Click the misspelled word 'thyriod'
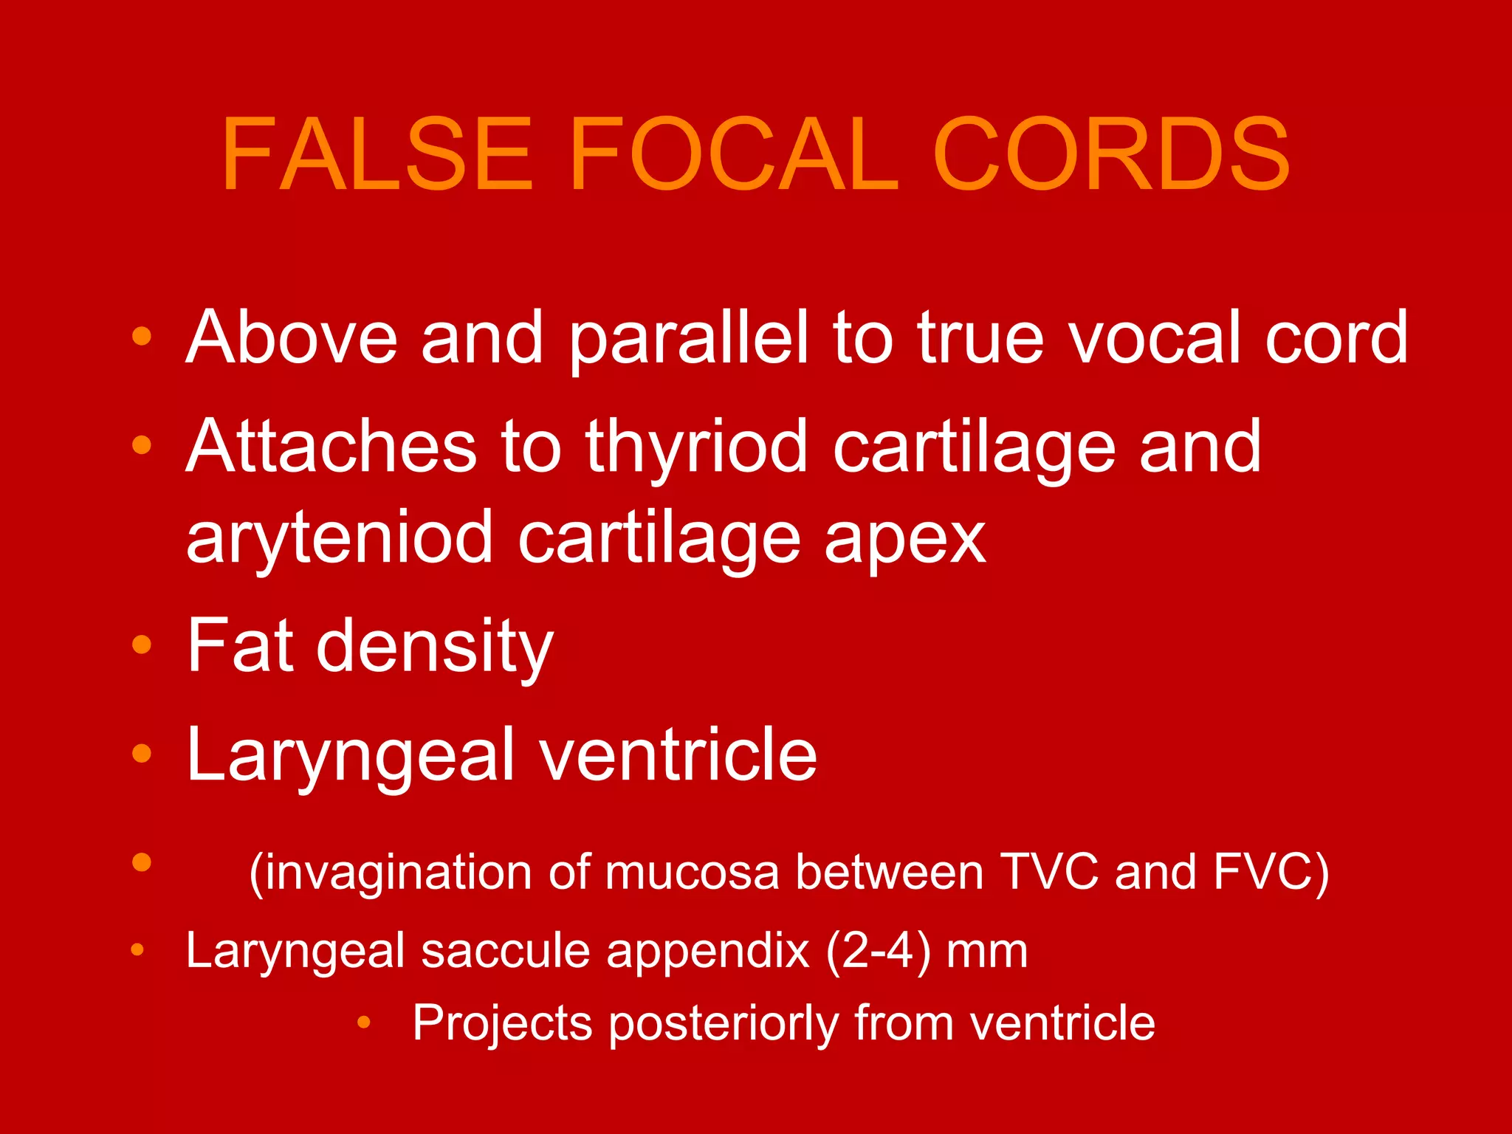pyautogui.click(x=697, y=447)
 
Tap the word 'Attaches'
pyautogui.click(x=331, y=446)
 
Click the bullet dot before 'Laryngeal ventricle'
pyautogui.click(x=142, y=753)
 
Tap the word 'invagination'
pyautogui.click(x=394, y=873)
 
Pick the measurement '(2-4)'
pyautogui.click(x=879, y=951)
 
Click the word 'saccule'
pyautogui.click(x=506, y=950)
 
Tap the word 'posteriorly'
pyautogui.click(x=724, y=1023)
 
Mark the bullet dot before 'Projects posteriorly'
pyautogui.click(x=363, y=1023)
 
